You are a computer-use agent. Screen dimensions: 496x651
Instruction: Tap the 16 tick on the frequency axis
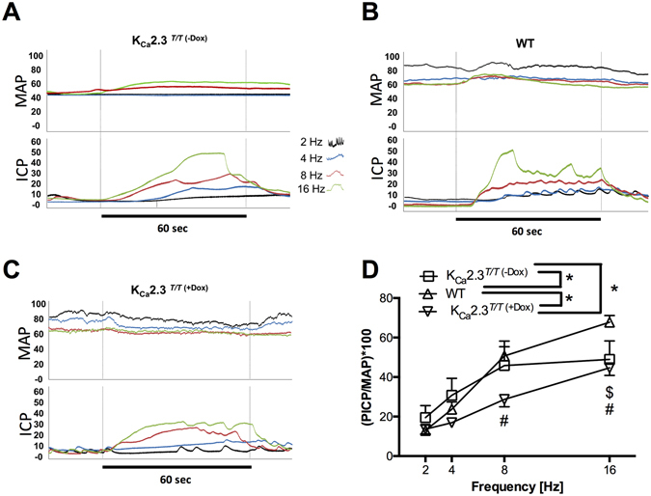point(609,466)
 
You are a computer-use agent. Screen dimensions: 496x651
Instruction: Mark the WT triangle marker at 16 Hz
point(609,322)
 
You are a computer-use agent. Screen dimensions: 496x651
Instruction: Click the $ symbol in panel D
point(610,392)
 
